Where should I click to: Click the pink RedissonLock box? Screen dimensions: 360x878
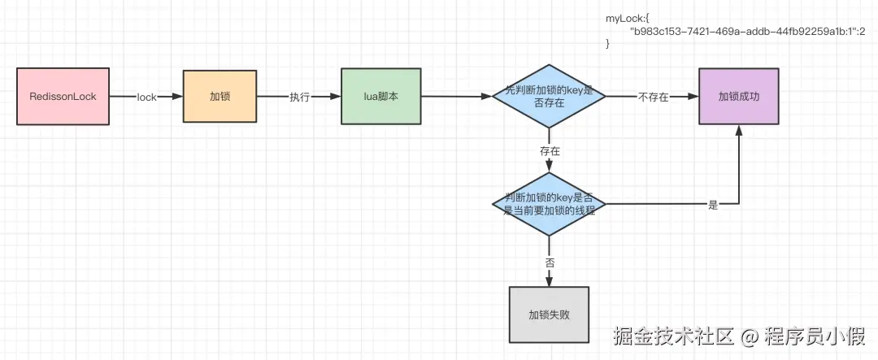coord(63,97)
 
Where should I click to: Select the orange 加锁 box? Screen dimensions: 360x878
coord(219,97)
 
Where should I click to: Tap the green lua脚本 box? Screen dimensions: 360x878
coord(380,97)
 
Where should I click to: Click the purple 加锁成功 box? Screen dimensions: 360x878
coord(739,97)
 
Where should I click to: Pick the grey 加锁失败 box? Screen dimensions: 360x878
coord(549,314)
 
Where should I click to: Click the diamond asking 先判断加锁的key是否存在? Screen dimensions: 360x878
coord(549,97)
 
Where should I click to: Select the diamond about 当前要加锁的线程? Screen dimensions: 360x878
coord(549,204)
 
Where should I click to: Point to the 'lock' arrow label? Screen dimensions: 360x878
coord(146,98)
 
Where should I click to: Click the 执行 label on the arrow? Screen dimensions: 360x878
coord(300,98)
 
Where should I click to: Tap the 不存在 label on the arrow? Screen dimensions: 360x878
coord(653,98)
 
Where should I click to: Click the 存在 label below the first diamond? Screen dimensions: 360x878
coord(550,150)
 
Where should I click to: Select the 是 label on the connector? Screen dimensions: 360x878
coord(713,205)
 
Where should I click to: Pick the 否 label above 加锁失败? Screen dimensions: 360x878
coord(550,262)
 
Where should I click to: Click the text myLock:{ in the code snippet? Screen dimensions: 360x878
coord(626,18)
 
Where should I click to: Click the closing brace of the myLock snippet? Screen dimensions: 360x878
coord(607,43)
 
